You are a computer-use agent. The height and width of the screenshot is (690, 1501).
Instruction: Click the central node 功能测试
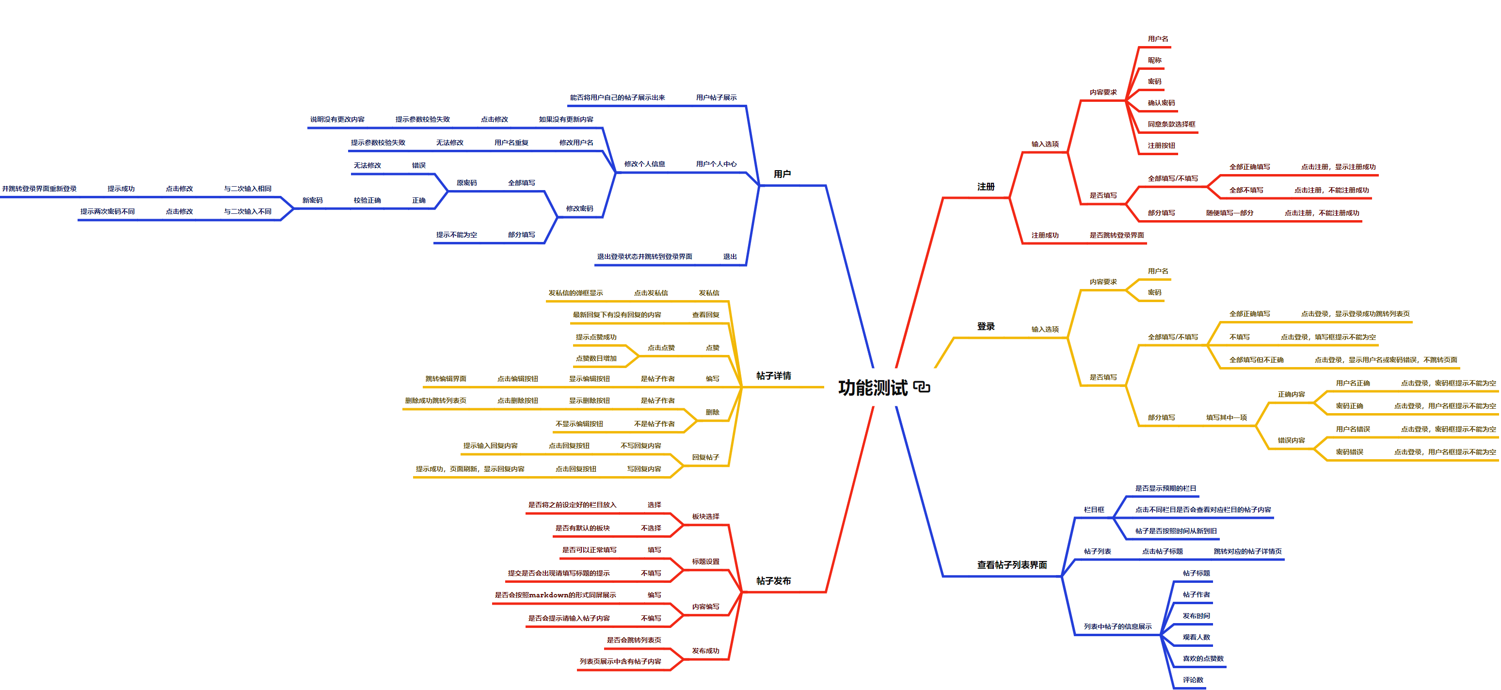point(872,387)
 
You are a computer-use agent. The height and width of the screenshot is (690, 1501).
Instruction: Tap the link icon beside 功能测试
point(922,387)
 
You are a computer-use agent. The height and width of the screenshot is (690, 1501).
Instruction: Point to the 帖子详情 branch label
point(773,376)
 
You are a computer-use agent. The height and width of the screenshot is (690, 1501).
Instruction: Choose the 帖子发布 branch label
point(773,581)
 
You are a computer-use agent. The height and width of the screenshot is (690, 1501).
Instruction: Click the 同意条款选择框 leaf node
point(1171,124)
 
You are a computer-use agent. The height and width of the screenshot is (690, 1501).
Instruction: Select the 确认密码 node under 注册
point(1161,103)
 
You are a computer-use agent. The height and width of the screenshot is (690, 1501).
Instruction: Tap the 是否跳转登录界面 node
point(1117,236)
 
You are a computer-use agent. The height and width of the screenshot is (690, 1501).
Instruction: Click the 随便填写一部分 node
point(1230,213)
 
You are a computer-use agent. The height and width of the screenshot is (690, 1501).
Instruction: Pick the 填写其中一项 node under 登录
point(1226,418)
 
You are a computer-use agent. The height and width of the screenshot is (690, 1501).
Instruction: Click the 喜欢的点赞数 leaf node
point(1203,658)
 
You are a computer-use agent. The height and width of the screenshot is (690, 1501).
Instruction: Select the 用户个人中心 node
point(716,164)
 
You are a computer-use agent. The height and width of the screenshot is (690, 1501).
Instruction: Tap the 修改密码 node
point(579,209)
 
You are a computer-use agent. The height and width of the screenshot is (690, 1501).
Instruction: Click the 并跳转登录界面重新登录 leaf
point(39,189)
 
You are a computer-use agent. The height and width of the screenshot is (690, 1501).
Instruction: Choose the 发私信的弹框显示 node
point(575,293)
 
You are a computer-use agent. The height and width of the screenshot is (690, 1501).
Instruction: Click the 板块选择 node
point(705,517)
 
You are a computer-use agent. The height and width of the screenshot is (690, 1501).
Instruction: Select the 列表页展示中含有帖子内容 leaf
point(620,661)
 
